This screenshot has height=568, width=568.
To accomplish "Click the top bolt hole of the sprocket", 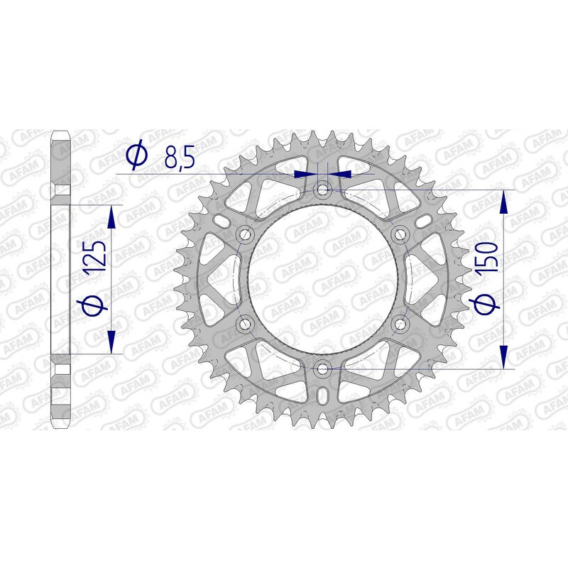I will [x=324, y=190].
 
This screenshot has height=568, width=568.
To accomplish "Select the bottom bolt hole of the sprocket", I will [x=324, y=368].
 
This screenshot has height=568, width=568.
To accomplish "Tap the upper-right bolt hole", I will [x=400, y=234].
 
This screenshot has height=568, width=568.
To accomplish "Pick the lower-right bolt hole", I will [x=400, y=324].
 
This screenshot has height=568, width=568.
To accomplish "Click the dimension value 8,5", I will [x=179, y=156].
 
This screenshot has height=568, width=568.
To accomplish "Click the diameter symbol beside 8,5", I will [x=137, y=155].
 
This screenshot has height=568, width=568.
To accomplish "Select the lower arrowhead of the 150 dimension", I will [x=504, y=359].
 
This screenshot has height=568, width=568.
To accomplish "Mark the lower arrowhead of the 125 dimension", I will [x=111, y=342].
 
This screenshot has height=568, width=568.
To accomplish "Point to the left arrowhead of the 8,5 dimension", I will [x=305, y=173].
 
